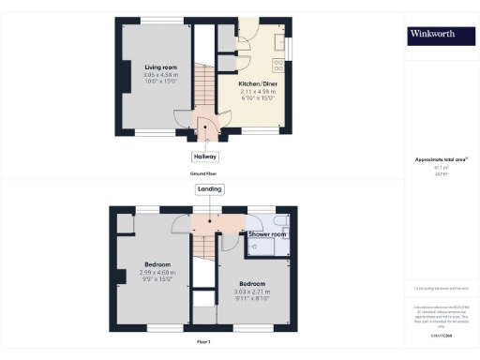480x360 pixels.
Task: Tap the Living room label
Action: tap(160, 67)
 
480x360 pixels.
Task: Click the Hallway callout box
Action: tap(205, 157)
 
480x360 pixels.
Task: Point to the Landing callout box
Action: tap(210, 189)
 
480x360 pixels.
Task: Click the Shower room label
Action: tap(267, 232)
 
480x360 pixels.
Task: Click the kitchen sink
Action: tap(279, 43)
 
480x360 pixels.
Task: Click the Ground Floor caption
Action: tap(205, 174)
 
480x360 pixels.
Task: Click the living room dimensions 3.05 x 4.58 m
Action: tap(160, 74)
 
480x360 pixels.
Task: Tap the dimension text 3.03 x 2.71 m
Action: tap(252, 291)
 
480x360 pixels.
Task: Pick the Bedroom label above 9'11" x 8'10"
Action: tap(252, 283)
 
